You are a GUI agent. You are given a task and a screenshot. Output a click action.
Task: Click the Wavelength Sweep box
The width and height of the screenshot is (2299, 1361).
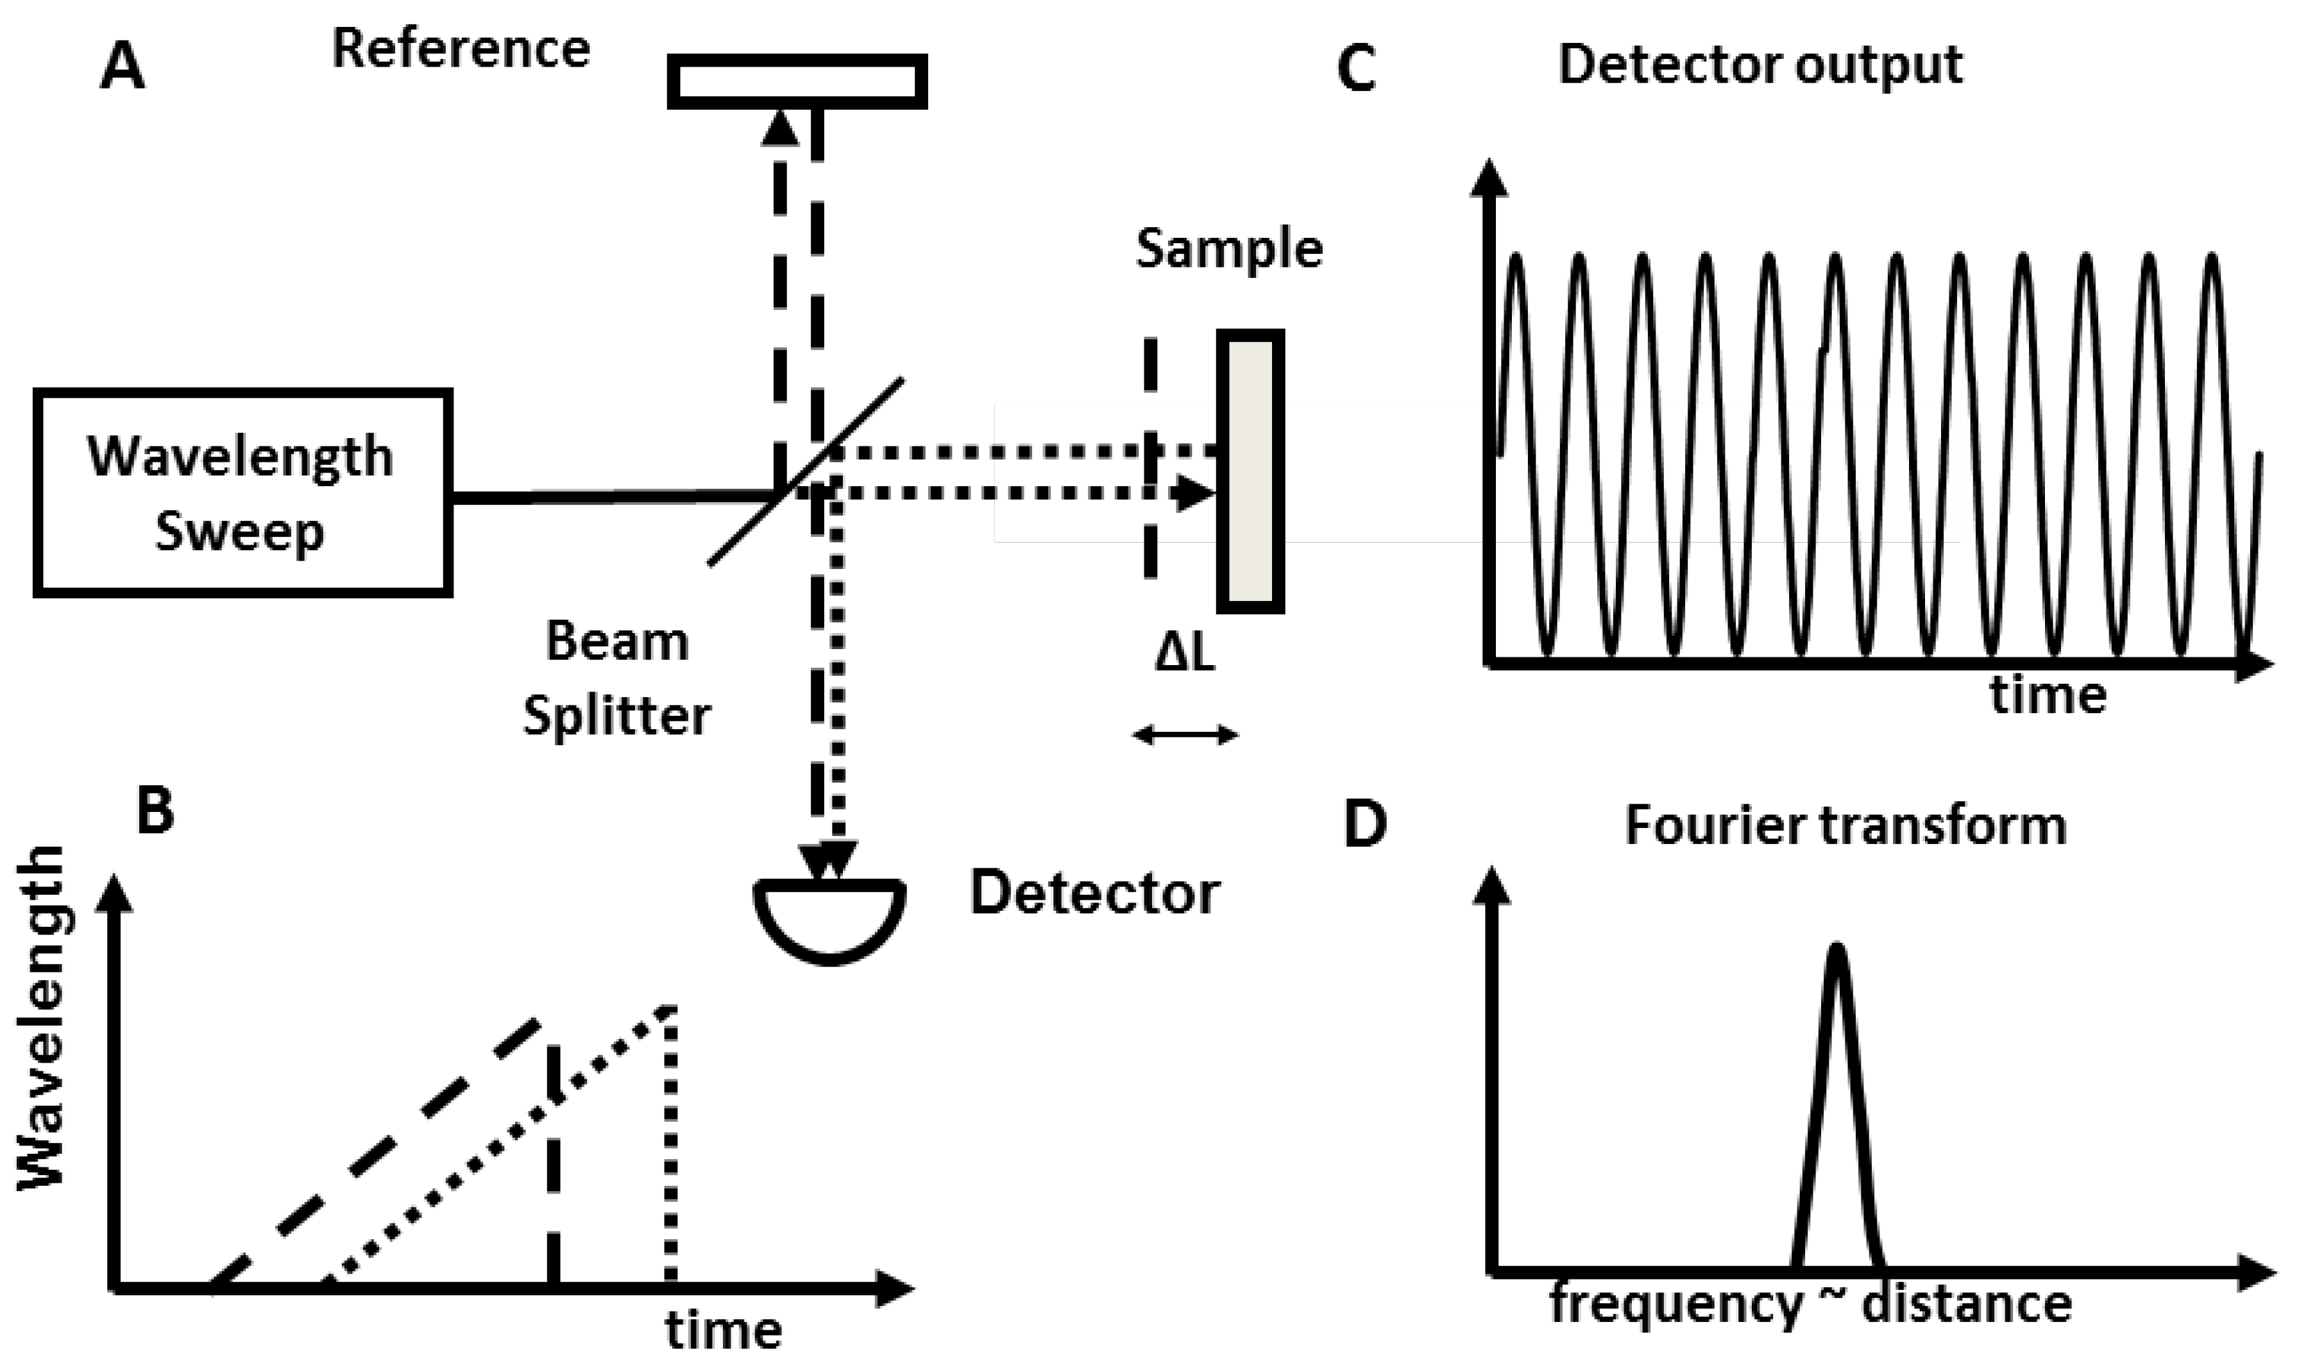[242, 493]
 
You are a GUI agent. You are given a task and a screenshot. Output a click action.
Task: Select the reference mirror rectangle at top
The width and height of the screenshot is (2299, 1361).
[796, 81]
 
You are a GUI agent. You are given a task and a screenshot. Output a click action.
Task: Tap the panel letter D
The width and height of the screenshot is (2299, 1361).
[1364, 824]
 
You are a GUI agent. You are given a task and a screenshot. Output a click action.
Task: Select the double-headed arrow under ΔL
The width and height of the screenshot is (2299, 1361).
[1185, 734]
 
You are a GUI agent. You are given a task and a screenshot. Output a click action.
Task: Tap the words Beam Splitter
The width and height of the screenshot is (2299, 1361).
[616, 678]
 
